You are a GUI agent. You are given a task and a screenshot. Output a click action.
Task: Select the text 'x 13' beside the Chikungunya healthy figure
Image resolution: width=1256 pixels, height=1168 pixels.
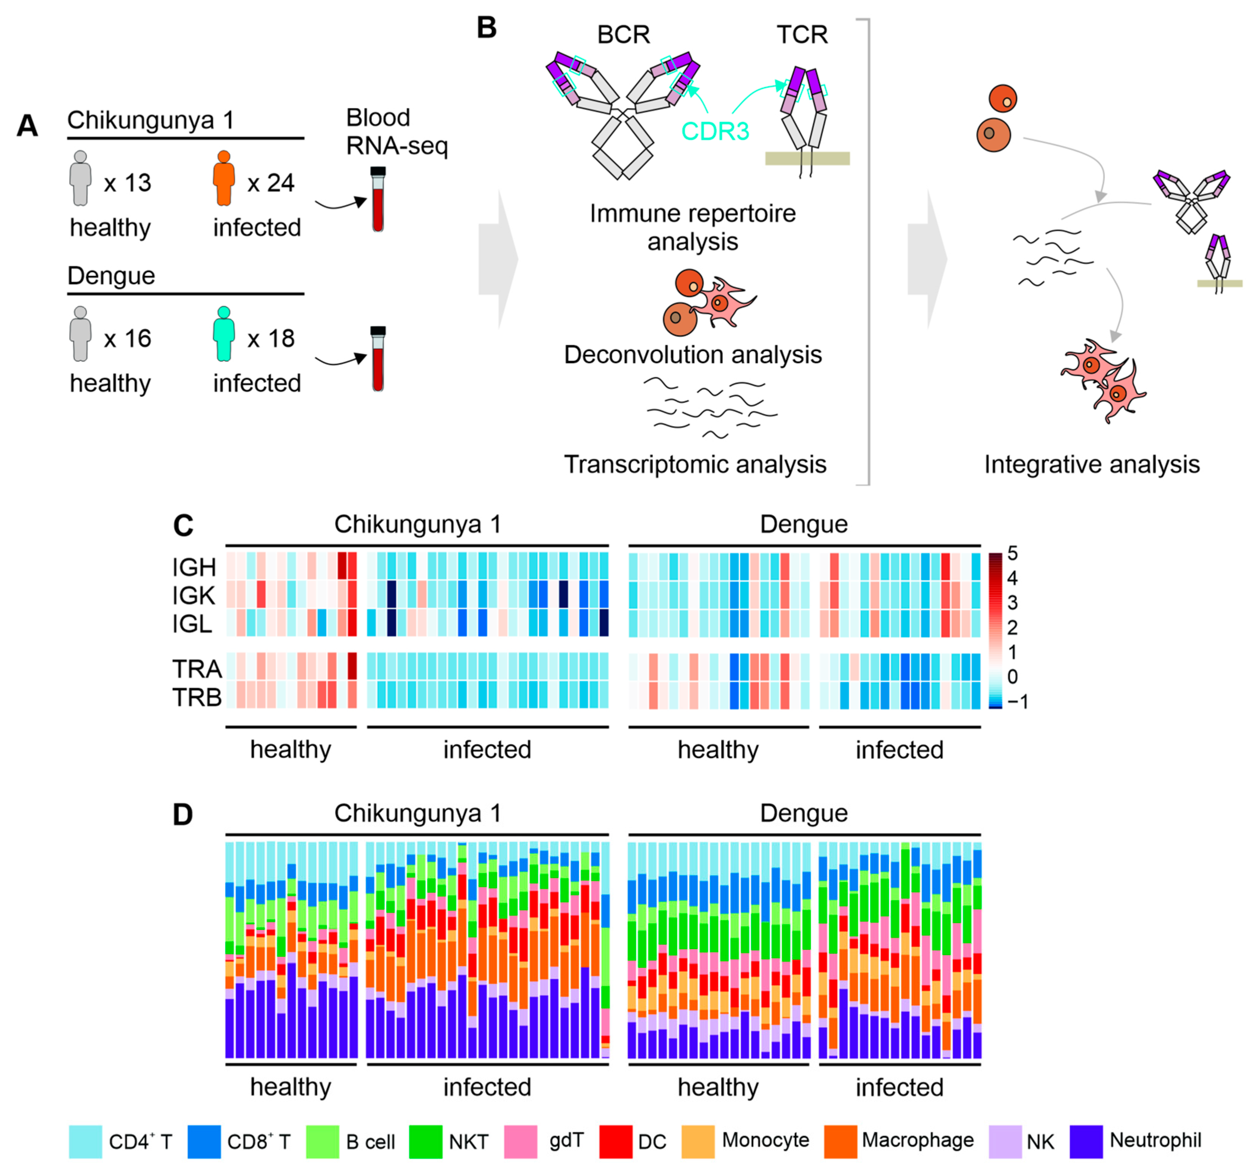128,183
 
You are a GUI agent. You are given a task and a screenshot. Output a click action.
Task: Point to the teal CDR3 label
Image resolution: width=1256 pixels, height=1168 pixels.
714,131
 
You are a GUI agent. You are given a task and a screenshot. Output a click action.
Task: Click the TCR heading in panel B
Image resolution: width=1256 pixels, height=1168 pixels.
802,34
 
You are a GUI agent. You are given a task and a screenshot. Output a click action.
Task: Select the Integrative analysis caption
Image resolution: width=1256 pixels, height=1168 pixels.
1091,465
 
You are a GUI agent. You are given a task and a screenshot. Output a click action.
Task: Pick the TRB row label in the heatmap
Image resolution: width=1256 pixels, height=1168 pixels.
196,697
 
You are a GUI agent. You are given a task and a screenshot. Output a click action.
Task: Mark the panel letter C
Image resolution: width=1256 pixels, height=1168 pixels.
183,525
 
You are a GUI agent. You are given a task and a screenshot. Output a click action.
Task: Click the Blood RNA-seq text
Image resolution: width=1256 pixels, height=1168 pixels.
396,131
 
